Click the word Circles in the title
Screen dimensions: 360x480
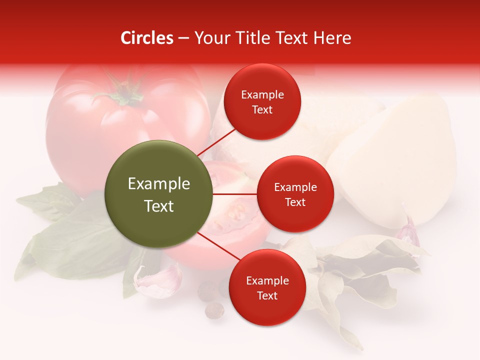[147, 38]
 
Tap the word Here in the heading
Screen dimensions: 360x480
[333, 38]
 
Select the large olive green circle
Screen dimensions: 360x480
[159, 194]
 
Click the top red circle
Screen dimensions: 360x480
[262, 101]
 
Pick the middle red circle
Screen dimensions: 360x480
[295, 194]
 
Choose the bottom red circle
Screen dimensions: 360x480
[267, 287]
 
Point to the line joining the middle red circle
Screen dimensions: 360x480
[235, 194]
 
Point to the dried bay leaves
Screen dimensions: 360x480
[360, 270]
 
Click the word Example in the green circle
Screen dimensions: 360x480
[159, 184]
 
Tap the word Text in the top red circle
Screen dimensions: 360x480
[262, 110]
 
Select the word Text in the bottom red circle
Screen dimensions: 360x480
[267, 296]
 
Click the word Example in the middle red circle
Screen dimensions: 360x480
[295, 187]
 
